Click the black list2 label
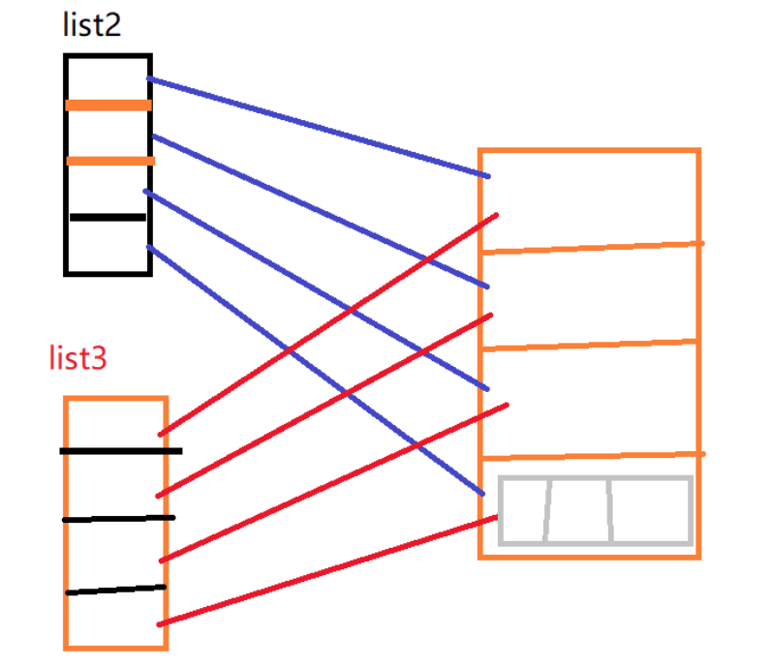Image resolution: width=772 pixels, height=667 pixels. [92, 24]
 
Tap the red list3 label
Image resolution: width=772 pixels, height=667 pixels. [77, 358]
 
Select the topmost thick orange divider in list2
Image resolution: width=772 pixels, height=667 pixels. [108, 105]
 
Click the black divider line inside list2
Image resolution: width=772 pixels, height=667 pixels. [108, 218]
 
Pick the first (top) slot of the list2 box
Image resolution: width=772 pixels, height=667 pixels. [108, 78]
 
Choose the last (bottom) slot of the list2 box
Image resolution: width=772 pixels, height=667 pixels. [108, 246]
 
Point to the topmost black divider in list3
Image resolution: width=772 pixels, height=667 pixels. [120, 451]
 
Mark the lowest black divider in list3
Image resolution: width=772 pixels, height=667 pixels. [116, 590]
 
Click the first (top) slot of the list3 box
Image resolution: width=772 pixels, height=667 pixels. [114, 424]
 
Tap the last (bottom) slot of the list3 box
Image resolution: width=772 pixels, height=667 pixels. [114, 619]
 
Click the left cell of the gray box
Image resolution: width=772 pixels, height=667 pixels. [523, 510]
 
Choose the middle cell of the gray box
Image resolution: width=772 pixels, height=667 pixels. [578, 510]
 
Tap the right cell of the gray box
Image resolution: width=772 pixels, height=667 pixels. [650, 510]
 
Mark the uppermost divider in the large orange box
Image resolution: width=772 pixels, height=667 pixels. [591, 248]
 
